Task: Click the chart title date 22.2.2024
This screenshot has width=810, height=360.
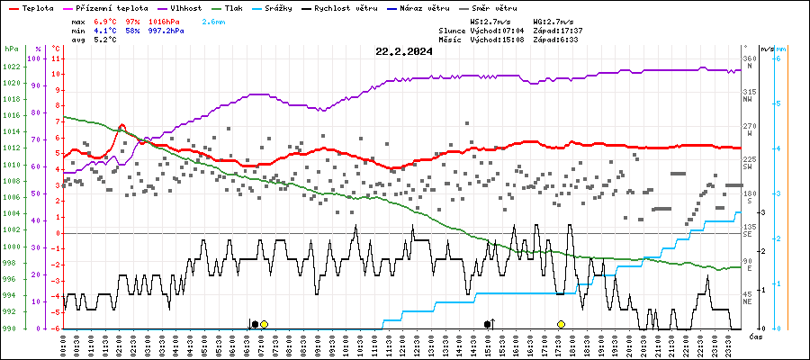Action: [404, 51]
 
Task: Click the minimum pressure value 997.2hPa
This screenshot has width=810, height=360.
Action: [166, 30]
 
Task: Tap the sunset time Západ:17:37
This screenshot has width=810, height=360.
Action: [558, 30]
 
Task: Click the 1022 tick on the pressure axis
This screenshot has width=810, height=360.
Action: [12, 67]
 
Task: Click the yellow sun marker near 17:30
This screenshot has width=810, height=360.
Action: [561, 324]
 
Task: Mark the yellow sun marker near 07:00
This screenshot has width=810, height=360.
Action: [264, 324]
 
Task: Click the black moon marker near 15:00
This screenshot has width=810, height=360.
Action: [487, 324]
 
